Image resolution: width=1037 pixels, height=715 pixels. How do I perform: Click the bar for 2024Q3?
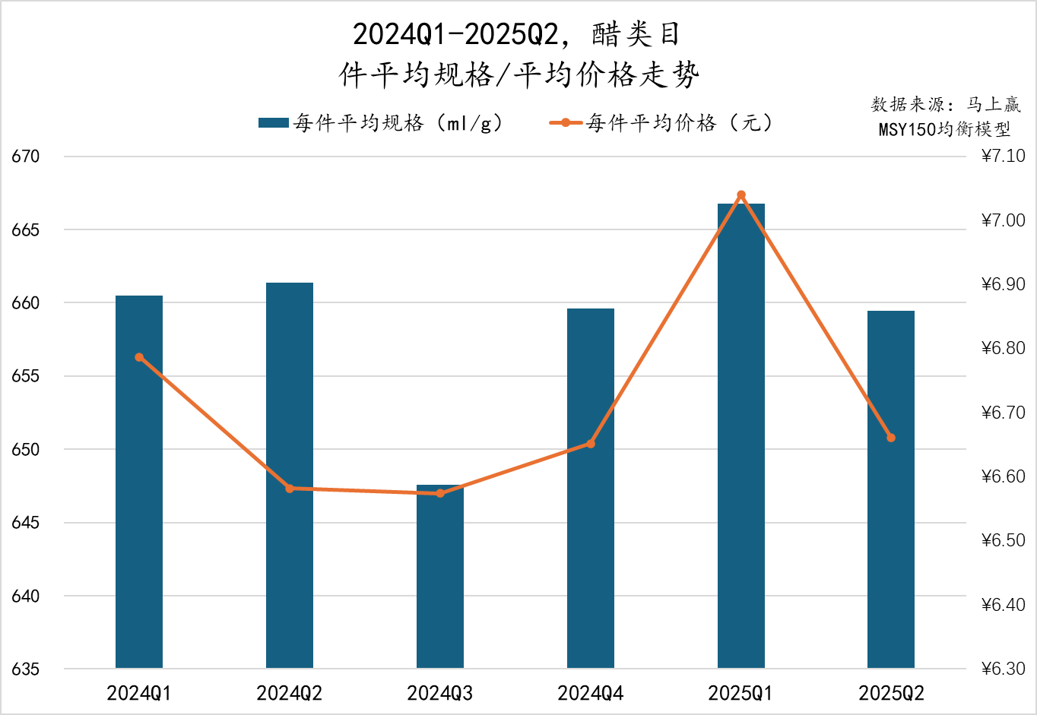coord(440,577)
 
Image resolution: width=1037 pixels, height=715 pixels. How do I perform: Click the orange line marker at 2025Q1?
coord(741,195)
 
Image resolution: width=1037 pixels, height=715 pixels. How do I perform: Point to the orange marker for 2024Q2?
coord(290,489)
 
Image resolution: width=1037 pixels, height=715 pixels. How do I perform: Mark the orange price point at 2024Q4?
coord(591,444)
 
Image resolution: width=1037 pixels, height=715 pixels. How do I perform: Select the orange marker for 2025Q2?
coord(891,438)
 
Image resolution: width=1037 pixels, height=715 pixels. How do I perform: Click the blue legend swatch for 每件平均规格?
coord(273,123)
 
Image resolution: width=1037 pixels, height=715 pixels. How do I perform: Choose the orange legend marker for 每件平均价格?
coord(566,123)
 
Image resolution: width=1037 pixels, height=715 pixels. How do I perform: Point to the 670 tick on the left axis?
coord(25,157)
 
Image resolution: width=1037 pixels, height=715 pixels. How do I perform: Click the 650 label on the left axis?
coord(25,450)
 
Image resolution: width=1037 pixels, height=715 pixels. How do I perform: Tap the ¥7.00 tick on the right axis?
coord(1003,220)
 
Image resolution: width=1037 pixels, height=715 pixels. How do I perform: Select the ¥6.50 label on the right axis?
coord(1003,541)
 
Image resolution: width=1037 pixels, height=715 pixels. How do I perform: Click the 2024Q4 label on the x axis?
coord(591,693)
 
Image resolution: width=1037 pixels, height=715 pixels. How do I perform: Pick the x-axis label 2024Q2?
coord(290,693)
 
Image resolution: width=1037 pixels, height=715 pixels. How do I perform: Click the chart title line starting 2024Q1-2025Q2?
coord(517,35)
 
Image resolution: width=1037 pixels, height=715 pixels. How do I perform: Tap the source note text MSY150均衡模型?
coord(944,129)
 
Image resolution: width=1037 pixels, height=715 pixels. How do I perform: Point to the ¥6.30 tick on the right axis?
coord(1003,669)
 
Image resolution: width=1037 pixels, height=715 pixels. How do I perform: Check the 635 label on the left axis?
coord(25,669)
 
